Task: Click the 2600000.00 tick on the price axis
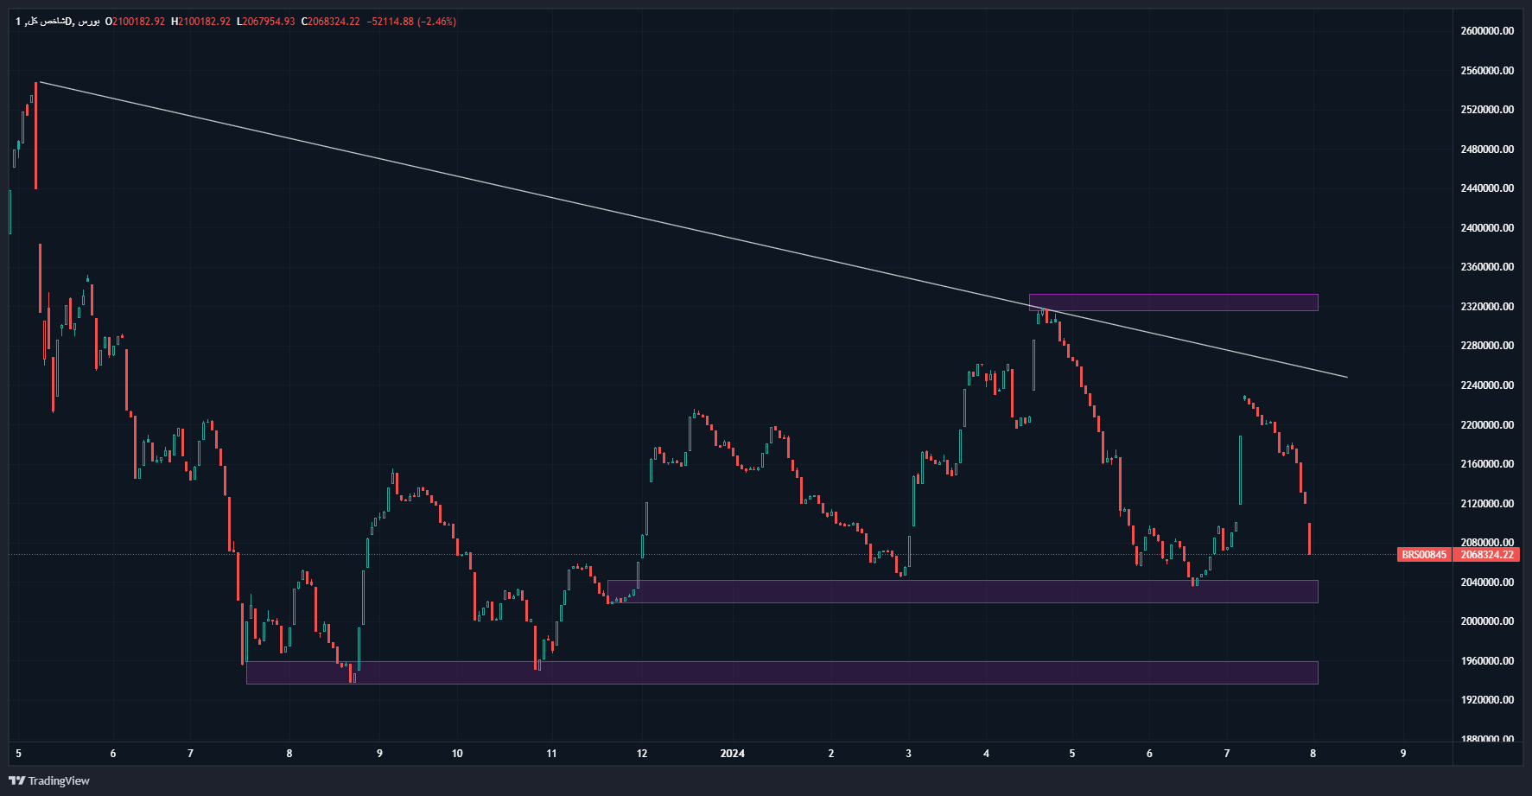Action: click(1486, 31)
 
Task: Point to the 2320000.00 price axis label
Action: click(1486, 307)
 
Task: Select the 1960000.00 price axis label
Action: click(1486, 661)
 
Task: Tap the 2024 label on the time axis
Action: click(732, 754)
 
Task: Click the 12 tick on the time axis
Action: click(642, 754)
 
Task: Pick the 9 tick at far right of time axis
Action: click(1403, 754)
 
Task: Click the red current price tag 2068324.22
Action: click(1487, 555)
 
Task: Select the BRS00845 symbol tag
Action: click(1423, 555)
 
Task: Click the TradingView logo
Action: click(49, 780)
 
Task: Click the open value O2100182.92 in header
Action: click(135, 22)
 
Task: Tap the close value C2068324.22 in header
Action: click(330, 22)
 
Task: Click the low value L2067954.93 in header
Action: click(265, 22)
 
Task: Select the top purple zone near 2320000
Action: click(1173, 302)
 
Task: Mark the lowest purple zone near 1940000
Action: click(781, 672)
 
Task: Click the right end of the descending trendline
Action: click(1346, 377)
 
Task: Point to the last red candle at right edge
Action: click(1310, 538)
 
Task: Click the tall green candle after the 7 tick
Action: click(1240, 470)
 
